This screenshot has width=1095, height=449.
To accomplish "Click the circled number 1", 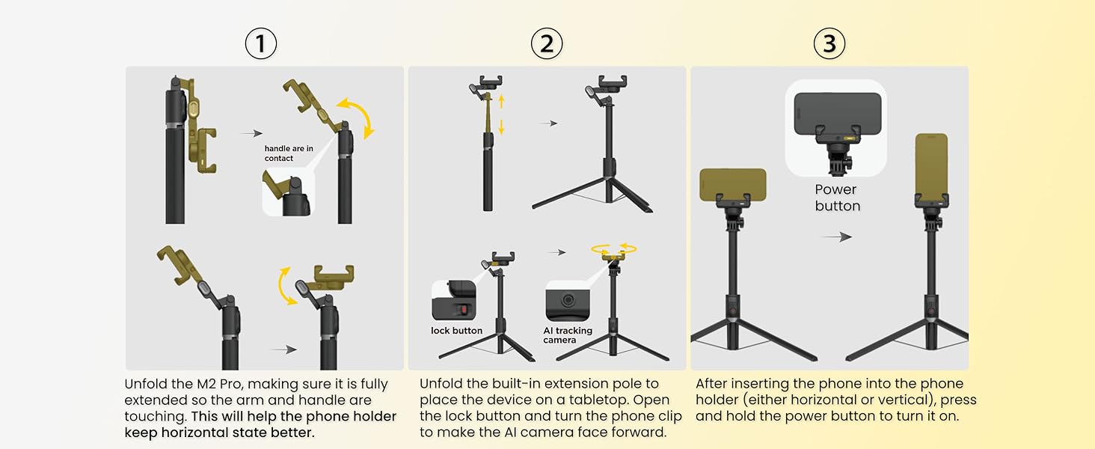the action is [x=260, y=43].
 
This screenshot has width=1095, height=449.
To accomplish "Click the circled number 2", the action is [x=547, y=43].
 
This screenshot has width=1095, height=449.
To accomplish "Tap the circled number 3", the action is [x=829, y=43].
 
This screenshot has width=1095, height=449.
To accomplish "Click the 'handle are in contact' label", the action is [x=289, y=153].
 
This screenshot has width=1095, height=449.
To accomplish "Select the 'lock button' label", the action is [x=456, y=331].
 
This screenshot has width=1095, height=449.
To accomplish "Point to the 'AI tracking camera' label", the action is [x=568, y=335].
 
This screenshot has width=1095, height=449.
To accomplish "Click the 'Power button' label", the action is [x=837, y=198].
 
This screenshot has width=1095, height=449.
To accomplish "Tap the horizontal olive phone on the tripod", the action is [x=733, y=184].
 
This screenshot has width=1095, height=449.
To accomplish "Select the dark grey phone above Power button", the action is [x=838, y=114].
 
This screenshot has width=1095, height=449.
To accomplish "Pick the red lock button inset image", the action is [x=454, y=300].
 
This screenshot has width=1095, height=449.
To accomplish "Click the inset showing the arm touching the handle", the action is [x=289, y=192].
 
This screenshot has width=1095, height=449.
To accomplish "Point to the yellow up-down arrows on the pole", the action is [x=501, y=114].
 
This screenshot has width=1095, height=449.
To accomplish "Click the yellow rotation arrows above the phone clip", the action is [x=614, y=249].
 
